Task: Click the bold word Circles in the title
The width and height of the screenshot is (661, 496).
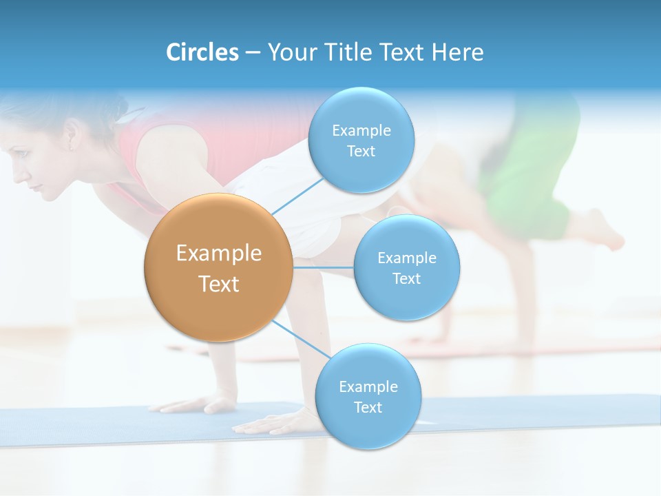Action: click(202, 52)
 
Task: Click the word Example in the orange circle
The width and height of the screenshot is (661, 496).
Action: click(218, 254)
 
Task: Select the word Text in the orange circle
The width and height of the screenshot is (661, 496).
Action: click(218, 284)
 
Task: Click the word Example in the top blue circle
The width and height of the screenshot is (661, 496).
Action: click(361, 131)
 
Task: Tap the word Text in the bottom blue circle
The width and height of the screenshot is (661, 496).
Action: click(368, 407)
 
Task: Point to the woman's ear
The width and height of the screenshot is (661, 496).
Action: click(71, 135)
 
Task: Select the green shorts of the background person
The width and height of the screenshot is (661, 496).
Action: click(530, 172)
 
